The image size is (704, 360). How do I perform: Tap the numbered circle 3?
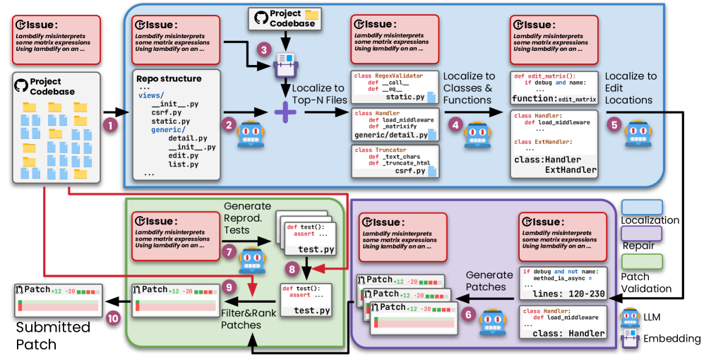point(264,50)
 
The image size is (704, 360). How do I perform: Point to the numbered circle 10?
point(113,318)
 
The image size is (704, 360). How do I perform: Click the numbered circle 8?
point(290,268)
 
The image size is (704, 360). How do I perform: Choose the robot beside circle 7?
point(251,260)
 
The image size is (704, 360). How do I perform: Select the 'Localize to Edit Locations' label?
point(631,88)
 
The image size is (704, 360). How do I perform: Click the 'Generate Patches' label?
point(489,281)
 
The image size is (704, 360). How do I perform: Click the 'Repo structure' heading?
point(170,78)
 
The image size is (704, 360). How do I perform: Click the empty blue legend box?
point(642,207)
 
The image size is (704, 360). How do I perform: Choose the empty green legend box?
point(642,261)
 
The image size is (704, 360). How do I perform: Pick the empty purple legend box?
point(642,234)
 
